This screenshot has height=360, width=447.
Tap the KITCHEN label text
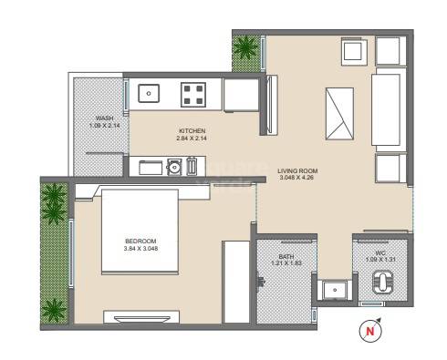(192, 131)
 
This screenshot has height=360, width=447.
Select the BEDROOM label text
(140, 242)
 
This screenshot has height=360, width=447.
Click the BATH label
(286, 257)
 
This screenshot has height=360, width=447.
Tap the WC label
(380, 252)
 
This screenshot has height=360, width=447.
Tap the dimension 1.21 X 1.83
(286, 265)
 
